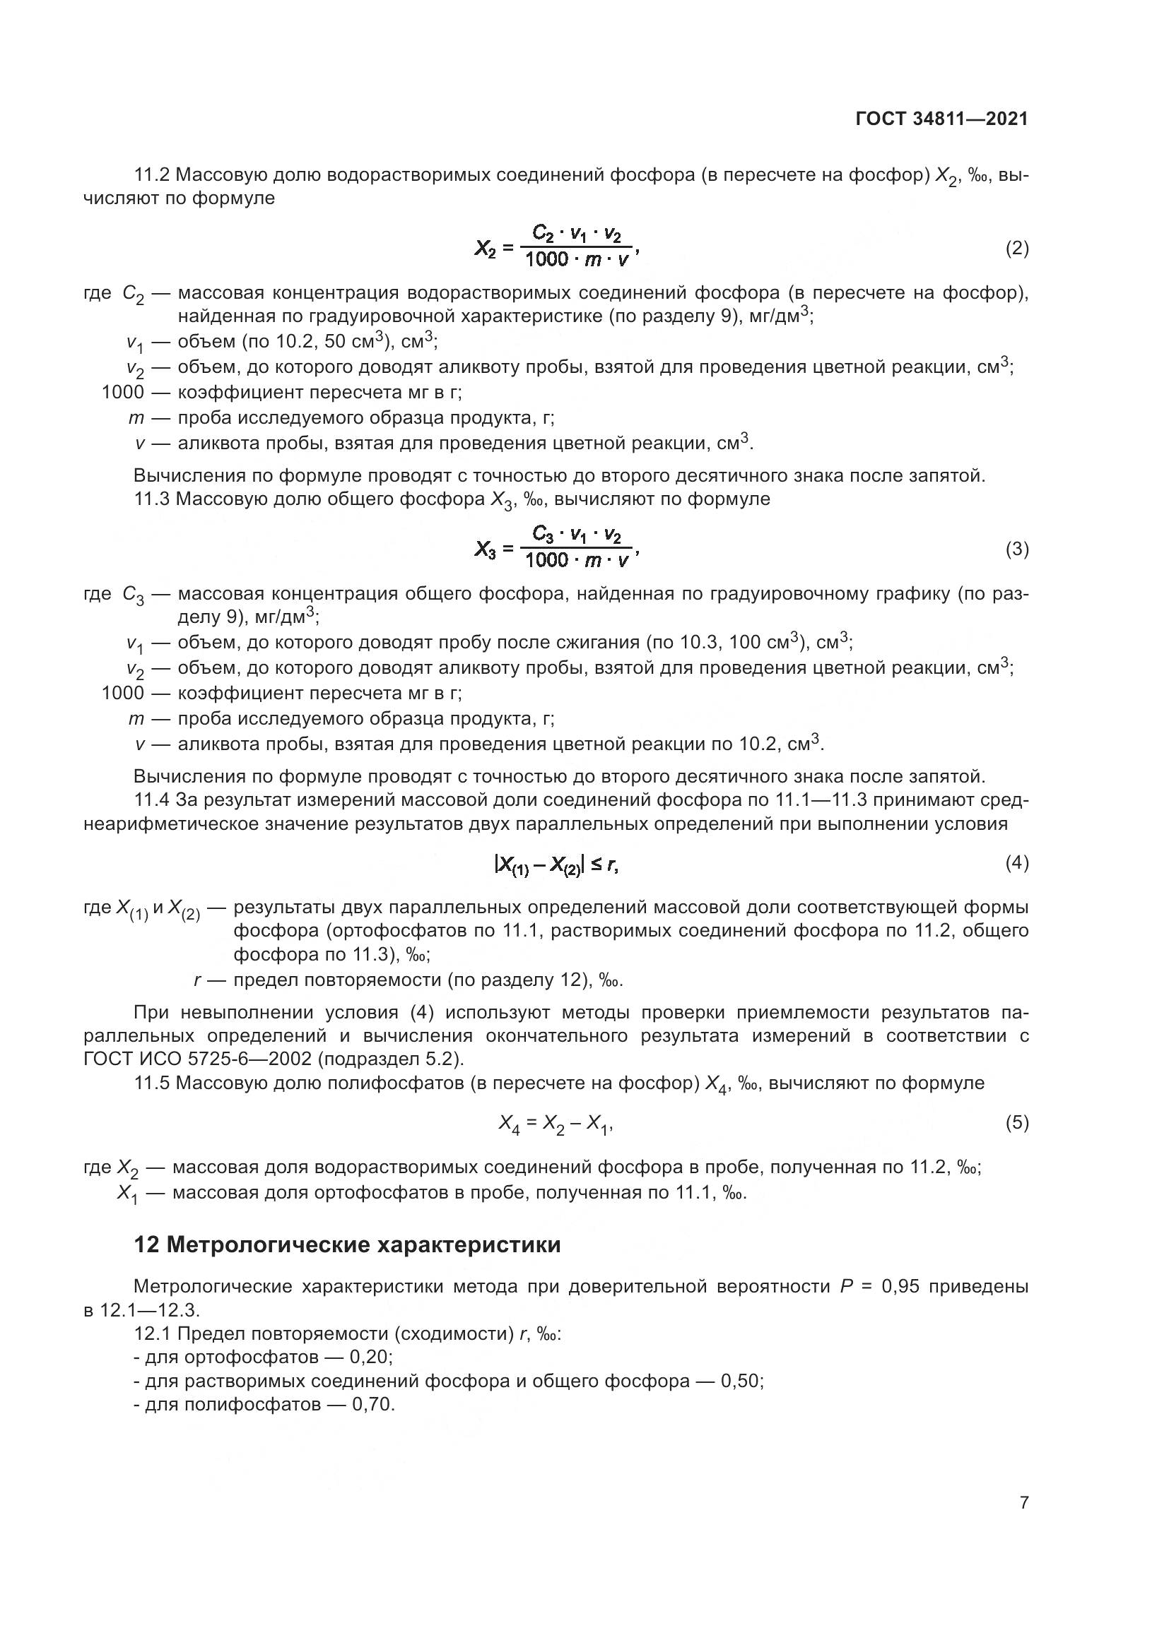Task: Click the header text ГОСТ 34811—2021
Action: click(941, 119)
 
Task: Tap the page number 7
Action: click(1023, 1502)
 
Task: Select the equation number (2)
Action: click(1016, 249)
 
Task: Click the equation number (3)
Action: click(1016, 549)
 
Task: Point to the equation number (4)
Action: click(1016, 862)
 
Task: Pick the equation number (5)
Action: click(1016, 1122)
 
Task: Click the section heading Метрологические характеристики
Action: click(363, 1244)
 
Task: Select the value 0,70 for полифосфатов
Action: click(373, 1405)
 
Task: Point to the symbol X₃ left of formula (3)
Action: click(486, 550)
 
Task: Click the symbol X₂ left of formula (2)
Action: click(486, 249)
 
